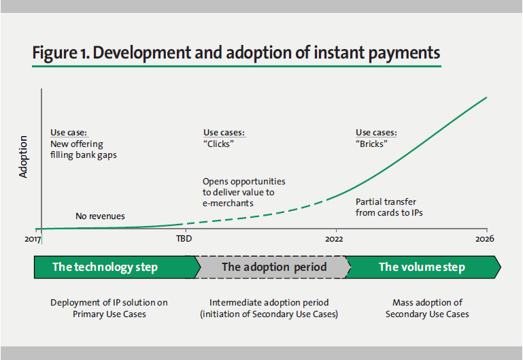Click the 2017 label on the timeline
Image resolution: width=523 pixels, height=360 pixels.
(34, 240)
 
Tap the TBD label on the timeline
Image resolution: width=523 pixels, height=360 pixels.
(184, 240)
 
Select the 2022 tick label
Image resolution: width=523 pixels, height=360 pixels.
(334, 240)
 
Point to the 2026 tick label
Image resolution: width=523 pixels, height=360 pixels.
(485, 240)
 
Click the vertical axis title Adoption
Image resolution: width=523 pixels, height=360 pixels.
(24, 157)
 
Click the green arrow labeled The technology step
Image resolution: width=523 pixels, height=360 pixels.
(109, 267)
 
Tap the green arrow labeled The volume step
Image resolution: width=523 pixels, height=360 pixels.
(422, 267)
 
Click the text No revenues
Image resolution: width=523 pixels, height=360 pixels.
(100, 216)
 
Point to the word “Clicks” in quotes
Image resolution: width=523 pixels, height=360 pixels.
(218, 144)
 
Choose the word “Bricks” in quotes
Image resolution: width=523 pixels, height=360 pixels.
(371, 144)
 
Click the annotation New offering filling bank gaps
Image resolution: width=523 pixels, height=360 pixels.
(84, 149)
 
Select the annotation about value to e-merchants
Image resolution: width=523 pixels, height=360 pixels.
(243, 192)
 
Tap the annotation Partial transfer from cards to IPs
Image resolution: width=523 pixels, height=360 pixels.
(386, 208)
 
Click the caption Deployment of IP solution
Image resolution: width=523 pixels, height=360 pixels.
(109, 308)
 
